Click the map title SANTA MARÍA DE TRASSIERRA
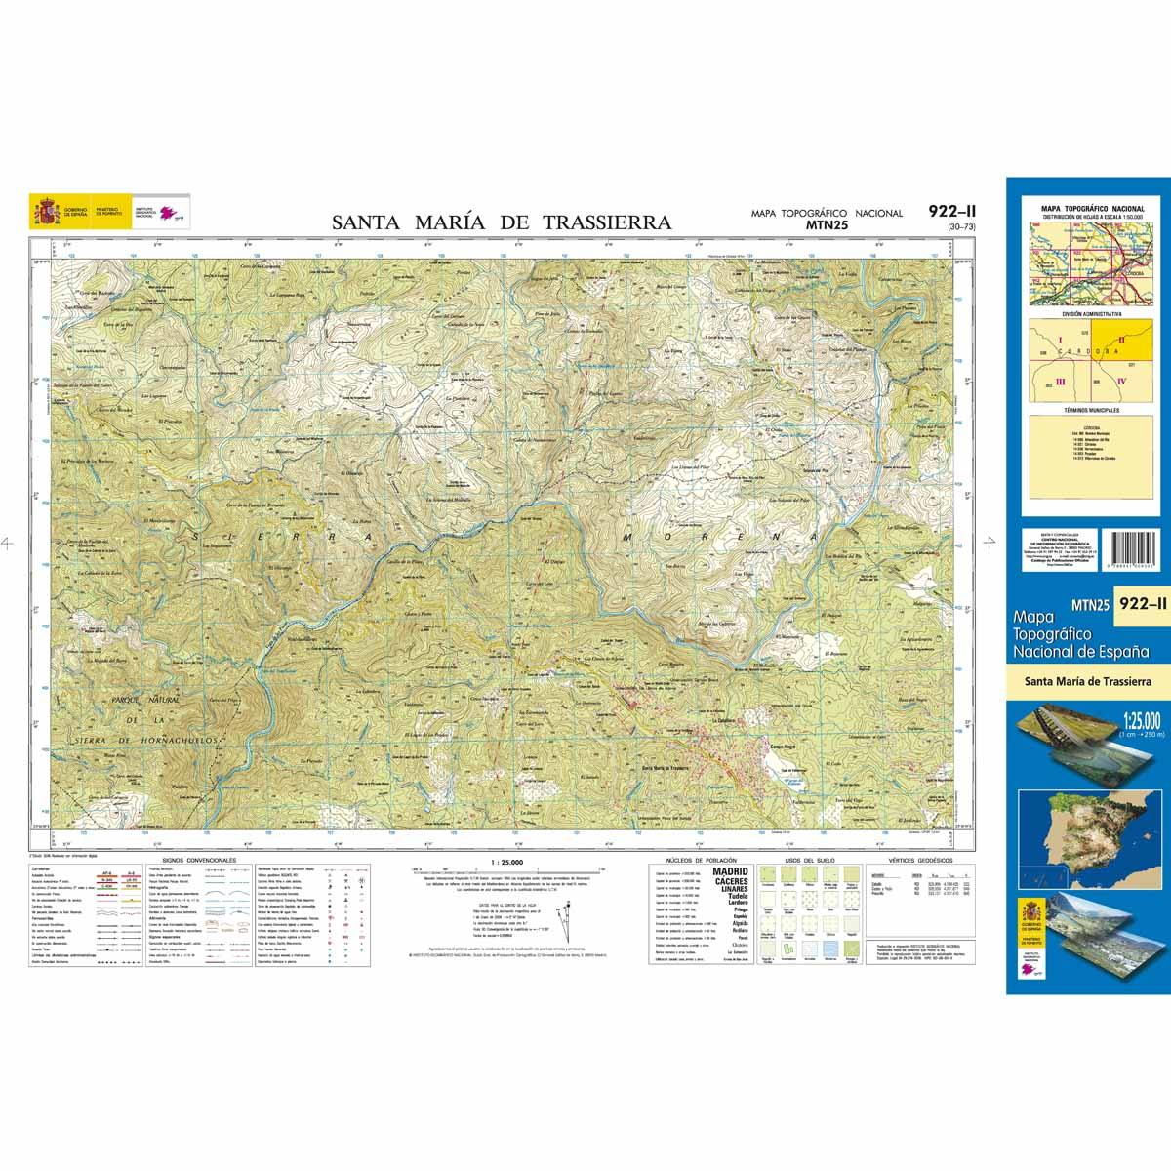click(502, 222)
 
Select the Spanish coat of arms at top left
click(45, 211)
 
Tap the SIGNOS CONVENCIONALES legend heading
click(199, 861)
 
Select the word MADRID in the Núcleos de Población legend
click(731, 871)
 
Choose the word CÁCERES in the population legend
click(731, 881)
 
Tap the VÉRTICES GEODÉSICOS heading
click(912, 861)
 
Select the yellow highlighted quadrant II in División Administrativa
click(1122, 341)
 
